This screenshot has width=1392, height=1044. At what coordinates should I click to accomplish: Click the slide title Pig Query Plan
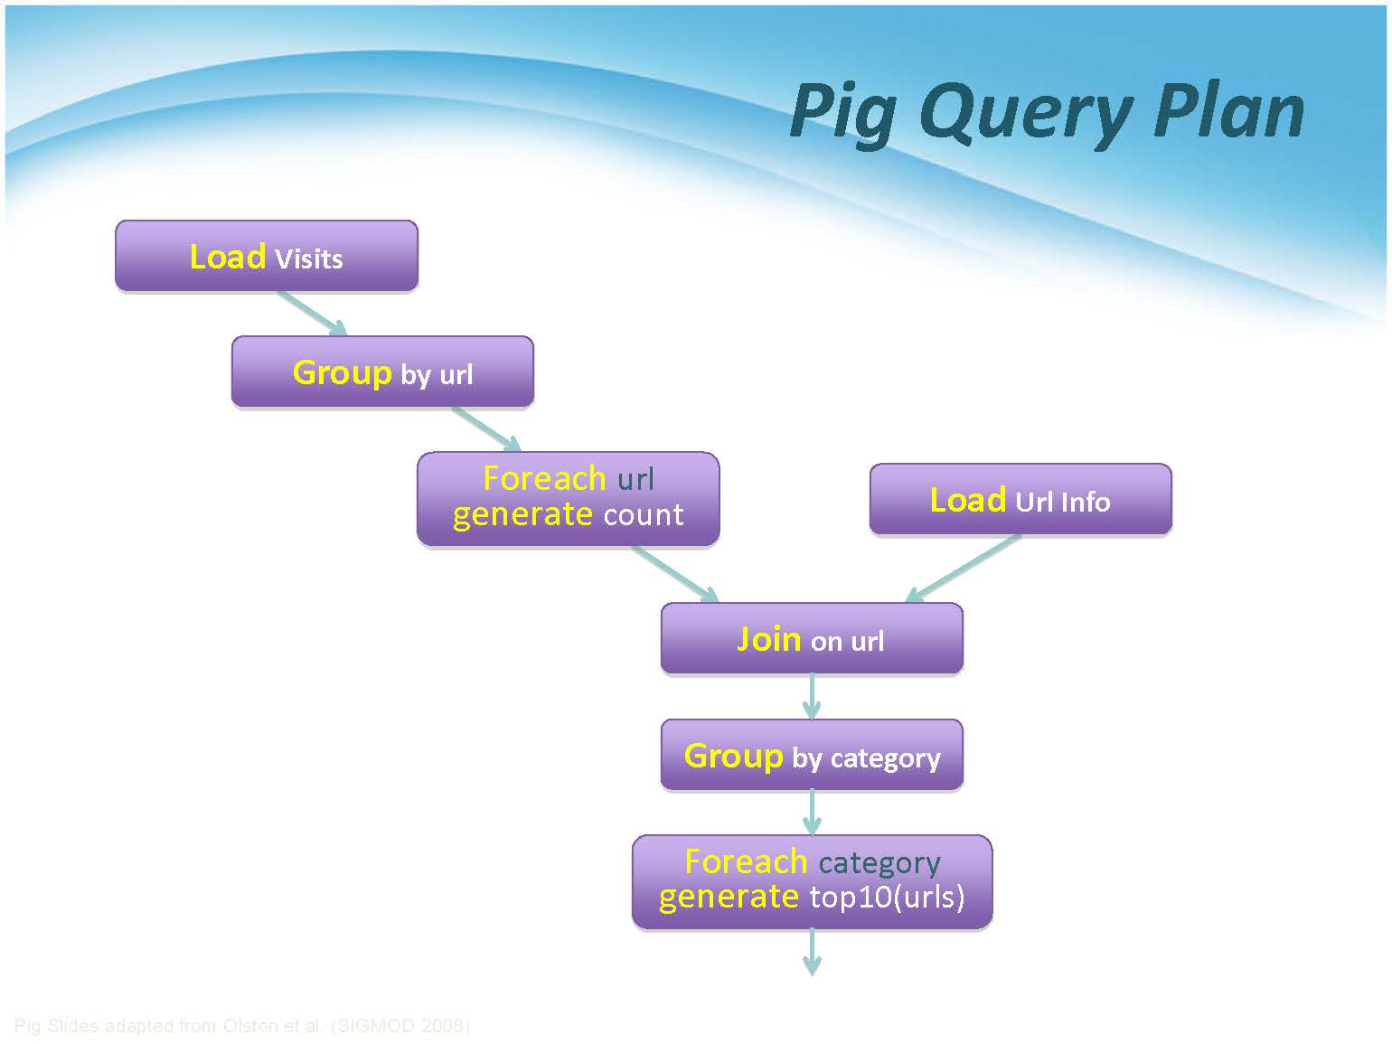(1047, 113)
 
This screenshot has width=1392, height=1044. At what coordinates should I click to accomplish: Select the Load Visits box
(267, 256)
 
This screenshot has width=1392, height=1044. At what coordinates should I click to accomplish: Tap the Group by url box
(382, 372)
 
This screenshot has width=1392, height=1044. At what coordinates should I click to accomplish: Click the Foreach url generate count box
(568, 498)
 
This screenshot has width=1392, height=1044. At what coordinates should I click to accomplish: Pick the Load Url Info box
(1020, 499)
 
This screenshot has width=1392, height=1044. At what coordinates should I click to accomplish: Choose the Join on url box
(812, 639)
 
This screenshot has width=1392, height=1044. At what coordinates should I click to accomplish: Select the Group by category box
(812, 755)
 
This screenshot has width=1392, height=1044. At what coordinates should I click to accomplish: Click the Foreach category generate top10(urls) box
(812, 881)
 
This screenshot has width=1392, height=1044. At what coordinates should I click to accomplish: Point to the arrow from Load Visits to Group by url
(311, 313)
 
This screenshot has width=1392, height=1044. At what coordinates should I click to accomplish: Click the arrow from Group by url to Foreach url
(486, 428)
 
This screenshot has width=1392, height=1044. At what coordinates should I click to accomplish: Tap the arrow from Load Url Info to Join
(964, 568)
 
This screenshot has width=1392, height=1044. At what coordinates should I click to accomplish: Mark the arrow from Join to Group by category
(812, 696)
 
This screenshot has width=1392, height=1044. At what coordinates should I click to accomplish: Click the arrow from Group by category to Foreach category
(812, 812)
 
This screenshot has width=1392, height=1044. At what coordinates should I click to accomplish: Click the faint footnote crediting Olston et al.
(241, 1026)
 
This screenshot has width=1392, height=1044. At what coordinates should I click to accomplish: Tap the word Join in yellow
(768, 639)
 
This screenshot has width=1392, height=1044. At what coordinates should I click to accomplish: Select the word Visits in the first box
(309, 259)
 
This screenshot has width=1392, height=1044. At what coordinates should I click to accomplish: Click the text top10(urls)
(887, 898)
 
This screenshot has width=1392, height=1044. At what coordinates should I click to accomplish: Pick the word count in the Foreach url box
(644, 514)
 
